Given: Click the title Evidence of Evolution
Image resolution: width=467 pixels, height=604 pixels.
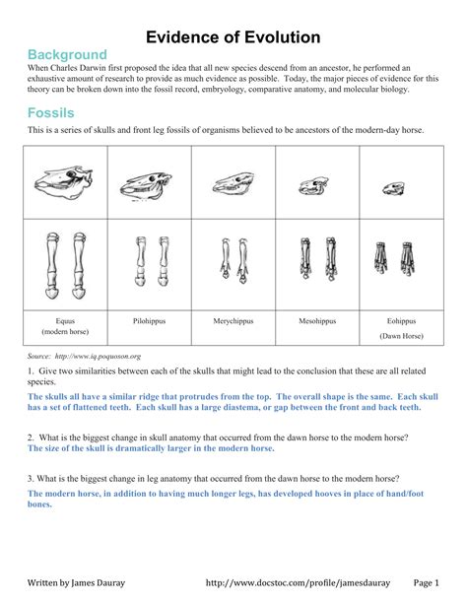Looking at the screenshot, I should [233, 37].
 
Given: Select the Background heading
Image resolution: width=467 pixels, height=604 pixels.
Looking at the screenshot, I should [66, 54].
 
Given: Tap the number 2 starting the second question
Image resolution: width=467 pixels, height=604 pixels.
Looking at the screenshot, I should [31, 436].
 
